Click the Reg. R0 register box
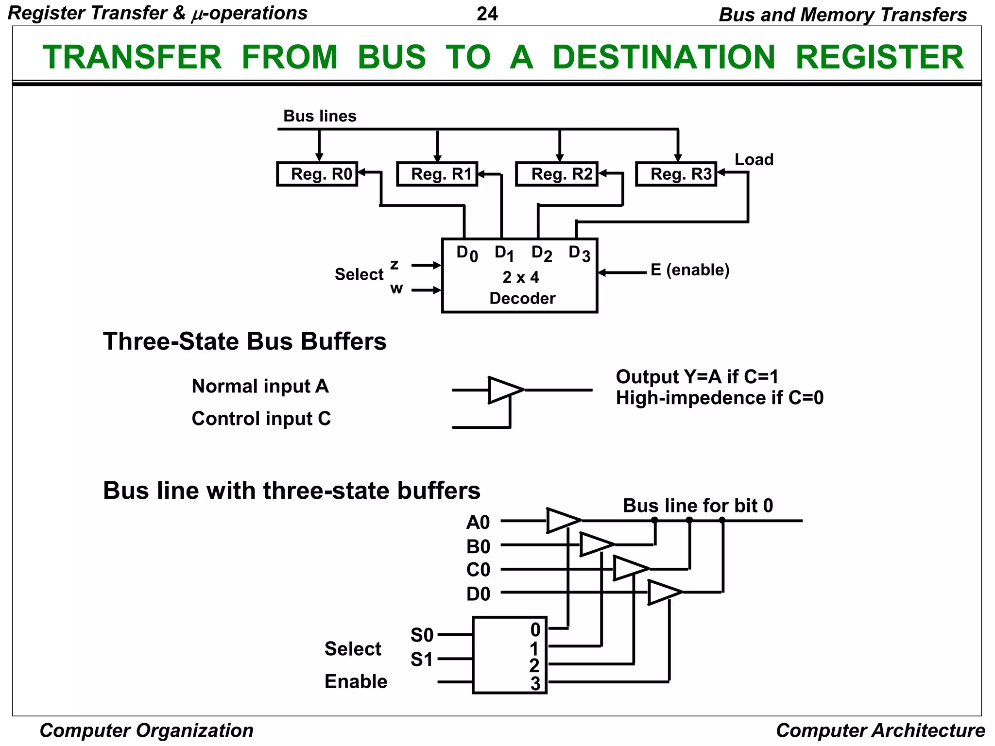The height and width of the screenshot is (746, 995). pos(317,174)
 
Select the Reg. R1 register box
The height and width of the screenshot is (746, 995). pos(437,174)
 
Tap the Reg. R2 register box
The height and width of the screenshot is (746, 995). pos(557,174)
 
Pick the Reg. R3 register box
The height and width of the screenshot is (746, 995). pos(676,174)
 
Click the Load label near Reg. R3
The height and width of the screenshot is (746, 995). pos(754,159)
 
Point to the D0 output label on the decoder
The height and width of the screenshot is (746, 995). pos(467,254)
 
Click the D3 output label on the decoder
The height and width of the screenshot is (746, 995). pos(580,254)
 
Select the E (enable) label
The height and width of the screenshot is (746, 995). pos(690,270)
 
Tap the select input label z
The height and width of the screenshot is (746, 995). pos(395,265)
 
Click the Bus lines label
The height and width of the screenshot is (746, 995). pos(320,116)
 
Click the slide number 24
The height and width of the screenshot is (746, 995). pos(487,14)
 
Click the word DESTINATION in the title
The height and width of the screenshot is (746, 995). pos(664,57)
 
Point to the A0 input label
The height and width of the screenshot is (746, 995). pos(478,523)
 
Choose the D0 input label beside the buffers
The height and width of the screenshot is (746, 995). pos(479,594)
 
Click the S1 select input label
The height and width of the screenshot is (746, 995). pos(422,660)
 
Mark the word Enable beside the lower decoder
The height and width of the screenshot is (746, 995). pos(356,681)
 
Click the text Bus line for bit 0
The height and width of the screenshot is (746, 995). pos(698,506)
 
